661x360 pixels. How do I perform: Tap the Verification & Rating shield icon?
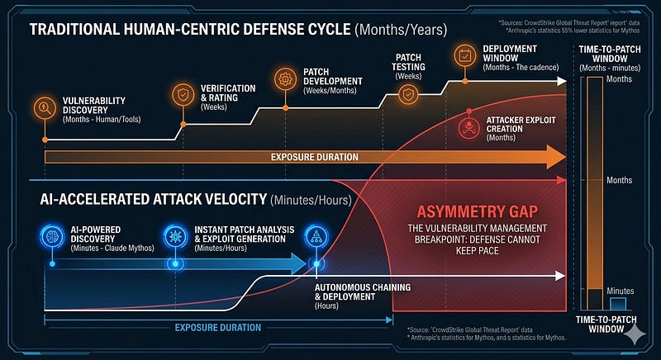pyautogui.click(x=181, y=94)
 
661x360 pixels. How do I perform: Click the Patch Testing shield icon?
pyautogui.click(x=407, y=94)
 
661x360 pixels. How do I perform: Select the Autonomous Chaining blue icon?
pyautogui.click(x=315, y=235)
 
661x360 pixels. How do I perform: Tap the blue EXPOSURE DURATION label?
pyautogui.click(x=217, y=328)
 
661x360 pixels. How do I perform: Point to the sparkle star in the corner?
pyautogui.click(x=635, y=334)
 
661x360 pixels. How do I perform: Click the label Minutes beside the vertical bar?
pyautogui.click(x=619, y=291)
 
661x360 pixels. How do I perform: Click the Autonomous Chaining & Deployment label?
pyautogui.click(x=367, y=291)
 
